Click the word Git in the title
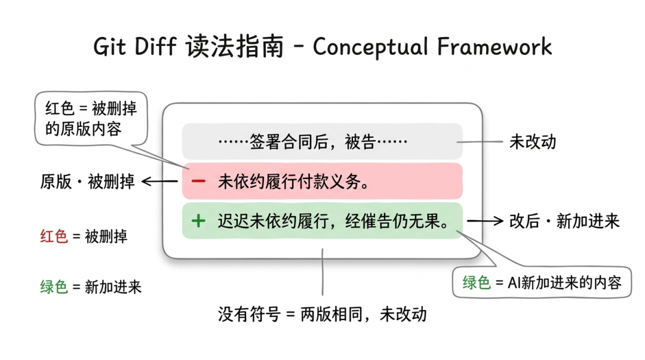pos(112,47)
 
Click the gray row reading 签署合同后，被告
pos(322,142)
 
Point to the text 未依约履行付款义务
pos(293,181)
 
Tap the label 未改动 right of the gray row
pos(533,142)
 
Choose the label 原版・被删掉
pos(88,181)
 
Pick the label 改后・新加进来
pos(564,221)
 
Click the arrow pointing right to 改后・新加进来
pos(484,221)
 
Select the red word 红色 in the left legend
pos(54,236)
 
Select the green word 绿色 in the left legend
pos(54,287)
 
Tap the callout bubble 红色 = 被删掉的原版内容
pos(91,119)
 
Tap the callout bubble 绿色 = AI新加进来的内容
pos(542,282)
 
